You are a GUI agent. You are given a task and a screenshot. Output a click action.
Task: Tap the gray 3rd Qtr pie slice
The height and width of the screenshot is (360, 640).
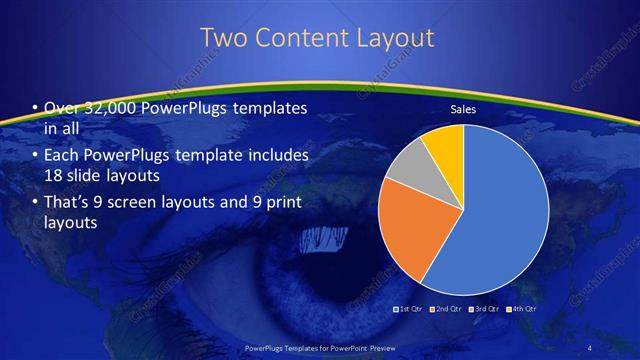(x=409, y=170)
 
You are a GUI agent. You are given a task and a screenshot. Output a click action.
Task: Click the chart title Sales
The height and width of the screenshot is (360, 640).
(x=462, y=109)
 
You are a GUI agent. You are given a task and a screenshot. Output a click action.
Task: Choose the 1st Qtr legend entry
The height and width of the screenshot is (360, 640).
(x=409, y=310)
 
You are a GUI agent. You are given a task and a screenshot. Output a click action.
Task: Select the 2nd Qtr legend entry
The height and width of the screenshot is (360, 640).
(x=445, y=310)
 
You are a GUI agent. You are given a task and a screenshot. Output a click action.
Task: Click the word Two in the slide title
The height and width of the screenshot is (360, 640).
(x=224, y=38)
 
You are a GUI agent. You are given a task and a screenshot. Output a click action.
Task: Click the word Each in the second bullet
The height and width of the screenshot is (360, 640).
(x=61, y=156)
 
